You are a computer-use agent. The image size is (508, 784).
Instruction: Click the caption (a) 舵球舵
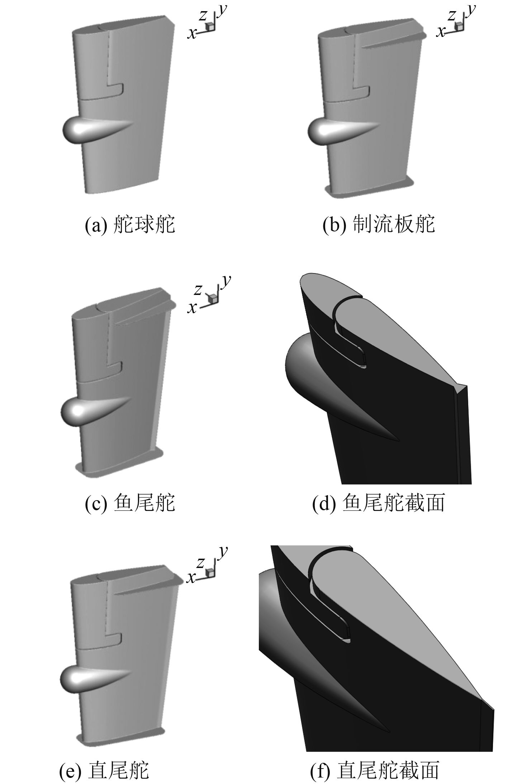[130, 225]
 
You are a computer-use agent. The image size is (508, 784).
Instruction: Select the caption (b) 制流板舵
[379, 225]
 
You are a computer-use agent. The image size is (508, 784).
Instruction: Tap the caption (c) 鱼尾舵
[130, 502]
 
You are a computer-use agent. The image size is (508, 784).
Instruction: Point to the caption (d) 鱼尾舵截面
[379, 502]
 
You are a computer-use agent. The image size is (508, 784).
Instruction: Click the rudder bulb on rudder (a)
[90, 130]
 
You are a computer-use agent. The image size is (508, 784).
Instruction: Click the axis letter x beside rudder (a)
[193, 33]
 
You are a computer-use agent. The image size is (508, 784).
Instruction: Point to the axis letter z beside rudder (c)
[198, 289]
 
